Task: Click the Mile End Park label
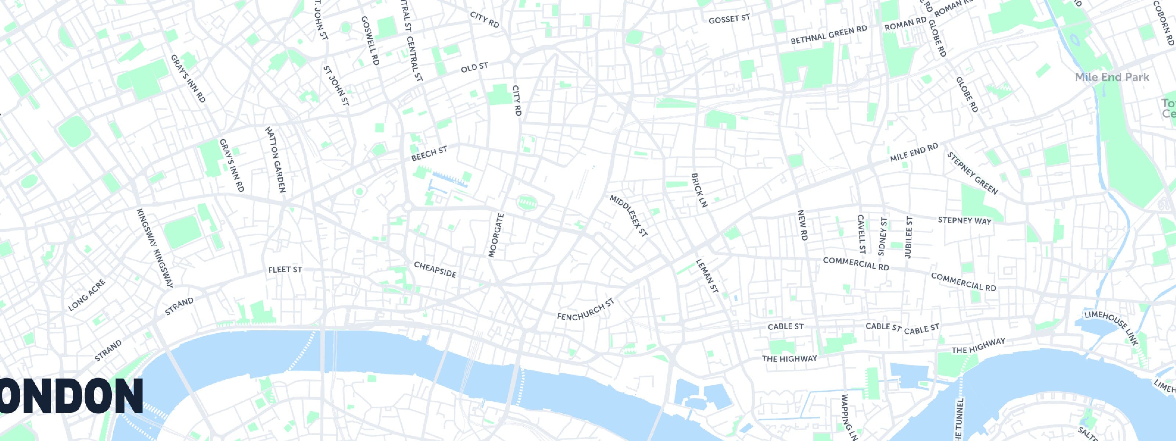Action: pyautogui.click(x=1112, y=77)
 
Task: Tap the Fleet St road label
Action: pyautogui.click(x=285, y=269)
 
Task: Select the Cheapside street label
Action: pyautogui.click(x=435, y=269)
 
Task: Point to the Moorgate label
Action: pyautogui.click(x=496, y=236)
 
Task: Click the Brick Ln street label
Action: pyautogui.click(x=699, y=190)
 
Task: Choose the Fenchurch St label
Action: pyautogui.click(x=586, y=309)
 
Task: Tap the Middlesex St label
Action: pyautogui.click(x=629, y=216)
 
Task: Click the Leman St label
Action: pyautogui.click(x=707, y=276)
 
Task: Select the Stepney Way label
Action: pyautogui.click(x=964, y=220)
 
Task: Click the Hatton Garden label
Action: pyautogui.click(x=275, y=159)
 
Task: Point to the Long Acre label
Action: pyautogui.click(x=86, y=295)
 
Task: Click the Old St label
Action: pyautogui.click(x=474, y=68)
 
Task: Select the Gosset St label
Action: pyautogui.click(x=729, y=19)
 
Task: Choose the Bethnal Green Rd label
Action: pyautogui.click(x=829, y=35)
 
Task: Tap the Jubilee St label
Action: pyautogui.click(x=908, y=237)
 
